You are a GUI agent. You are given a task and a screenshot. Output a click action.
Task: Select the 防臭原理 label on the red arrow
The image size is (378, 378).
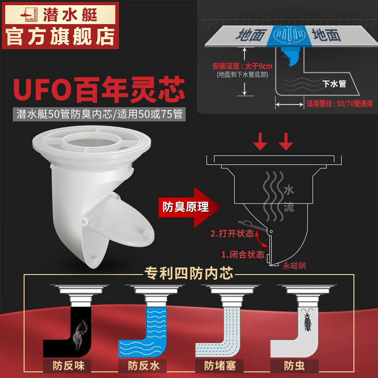point(186,206)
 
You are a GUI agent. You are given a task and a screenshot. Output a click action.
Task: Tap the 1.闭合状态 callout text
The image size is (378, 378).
point(243,254)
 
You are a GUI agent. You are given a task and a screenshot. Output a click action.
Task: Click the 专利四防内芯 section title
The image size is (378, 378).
point(189,274)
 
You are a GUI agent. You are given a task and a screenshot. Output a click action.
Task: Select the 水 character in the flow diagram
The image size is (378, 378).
point(288,190)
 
